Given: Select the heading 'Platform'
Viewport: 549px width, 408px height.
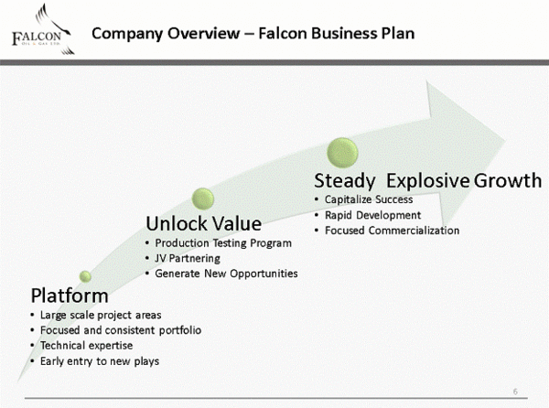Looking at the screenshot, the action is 70,295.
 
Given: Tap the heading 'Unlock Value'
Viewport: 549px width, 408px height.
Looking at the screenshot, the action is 204,223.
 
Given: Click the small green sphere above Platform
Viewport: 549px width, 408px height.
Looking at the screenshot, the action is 85,275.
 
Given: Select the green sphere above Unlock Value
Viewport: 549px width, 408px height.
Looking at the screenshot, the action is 203,197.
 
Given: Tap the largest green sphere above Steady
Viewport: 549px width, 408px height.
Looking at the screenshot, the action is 344,151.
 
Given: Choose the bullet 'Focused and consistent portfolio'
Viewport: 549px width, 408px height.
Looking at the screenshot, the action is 121,329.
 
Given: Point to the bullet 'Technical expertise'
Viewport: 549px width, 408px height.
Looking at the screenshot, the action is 86,345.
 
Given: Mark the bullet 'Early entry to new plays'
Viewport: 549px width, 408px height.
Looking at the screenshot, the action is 100,360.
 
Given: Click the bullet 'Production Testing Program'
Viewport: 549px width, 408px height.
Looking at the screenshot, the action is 223,243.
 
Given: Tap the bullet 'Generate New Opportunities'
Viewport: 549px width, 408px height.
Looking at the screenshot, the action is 226,274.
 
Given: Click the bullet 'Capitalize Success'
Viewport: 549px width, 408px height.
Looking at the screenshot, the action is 369,199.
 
